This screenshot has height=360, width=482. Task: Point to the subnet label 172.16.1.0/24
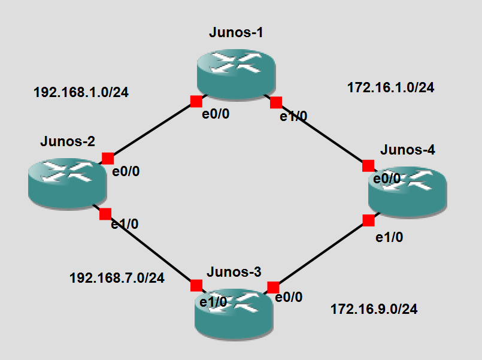pyautogui.click(x=391, y=87)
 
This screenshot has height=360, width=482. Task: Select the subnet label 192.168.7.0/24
pyautogui.click(x=117, y=278)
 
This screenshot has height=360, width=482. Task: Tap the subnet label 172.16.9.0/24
pyautogui.click(x=374, y=310)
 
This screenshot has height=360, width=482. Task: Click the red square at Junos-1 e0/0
pyautogui.click(x=196, y=101)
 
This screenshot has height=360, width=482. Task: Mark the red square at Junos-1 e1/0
pyautogui.click(x=276, y=102)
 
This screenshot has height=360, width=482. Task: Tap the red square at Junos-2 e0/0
pyautogui.click(x=108, y=158)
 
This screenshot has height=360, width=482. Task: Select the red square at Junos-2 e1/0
pyautogui.click(x=105, y=214)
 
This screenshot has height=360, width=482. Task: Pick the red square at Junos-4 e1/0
pyautogui.click(x=368, y=220)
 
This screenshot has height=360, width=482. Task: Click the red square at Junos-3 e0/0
pyautogui.click(x=273, y=287)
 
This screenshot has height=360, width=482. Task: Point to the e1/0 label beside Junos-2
pyautogui.click(x=125, y=225)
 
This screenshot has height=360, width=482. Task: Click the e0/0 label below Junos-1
pyautogui.click(x=215, y=114)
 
